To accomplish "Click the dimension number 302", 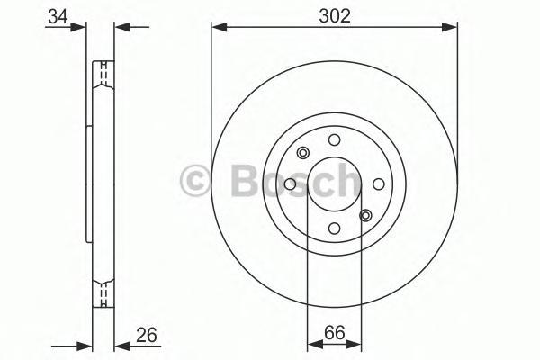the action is [335, 15].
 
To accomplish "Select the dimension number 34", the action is [58, 16].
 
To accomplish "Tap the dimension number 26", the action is [147, 335].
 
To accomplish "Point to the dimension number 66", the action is [334, 332].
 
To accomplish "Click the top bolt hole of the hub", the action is [334, 140].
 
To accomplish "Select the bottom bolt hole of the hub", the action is [334, 228].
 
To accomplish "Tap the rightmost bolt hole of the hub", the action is [379, 184].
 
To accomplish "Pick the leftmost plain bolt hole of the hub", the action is [291, 184].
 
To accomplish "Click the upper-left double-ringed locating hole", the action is [303, 153].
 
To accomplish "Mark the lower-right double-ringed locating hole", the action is [365, 216].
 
